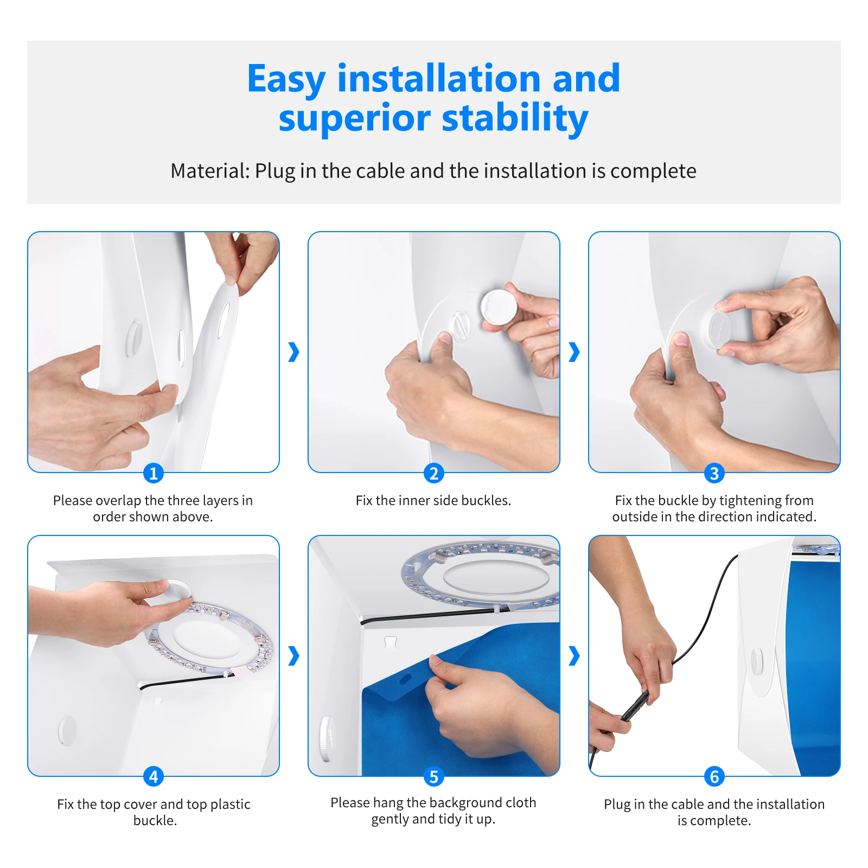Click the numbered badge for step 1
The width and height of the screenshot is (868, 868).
tap(154, 474)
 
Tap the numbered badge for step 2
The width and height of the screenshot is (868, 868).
tap(434, 474)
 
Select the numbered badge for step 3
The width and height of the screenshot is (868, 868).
tap(714, 474)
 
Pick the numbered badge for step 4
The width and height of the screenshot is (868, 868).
tap(154, 777)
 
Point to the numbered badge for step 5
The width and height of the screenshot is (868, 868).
tap(434, 777)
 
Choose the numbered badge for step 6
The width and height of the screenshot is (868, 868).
tap(714, 777)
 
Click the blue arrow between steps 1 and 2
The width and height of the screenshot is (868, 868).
tap(293, 352)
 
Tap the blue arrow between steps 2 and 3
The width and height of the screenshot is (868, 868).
tap(574, 352)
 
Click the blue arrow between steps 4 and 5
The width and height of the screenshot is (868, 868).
tap(293, 656)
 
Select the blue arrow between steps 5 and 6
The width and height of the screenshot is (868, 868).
tap(574, 656)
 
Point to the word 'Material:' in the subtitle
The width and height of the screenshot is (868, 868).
tap(210, 171)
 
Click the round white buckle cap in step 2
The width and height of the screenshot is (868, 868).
tap(499, 307)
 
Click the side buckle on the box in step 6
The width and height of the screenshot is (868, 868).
tap(756, 663)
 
